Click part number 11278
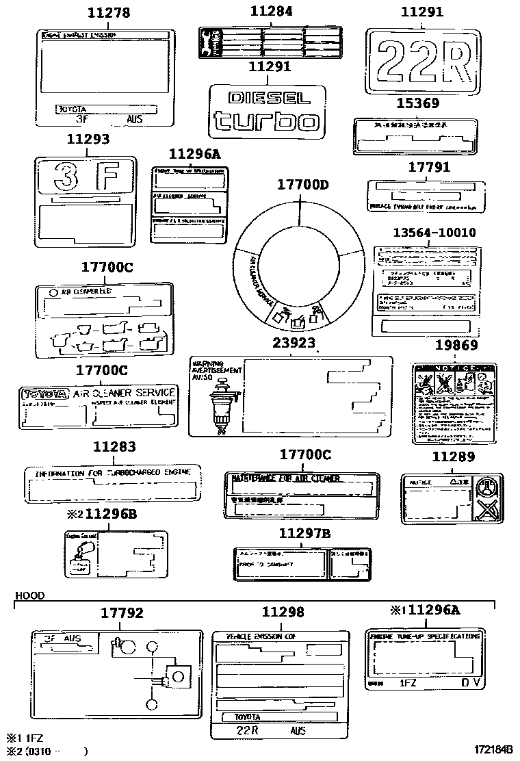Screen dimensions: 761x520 [x=109, y=12]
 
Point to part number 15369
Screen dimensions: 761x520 [x=419, y=103]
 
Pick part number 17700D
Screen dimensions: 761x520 [x=302, y=184]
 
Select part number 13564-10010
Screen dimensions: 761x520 [x=434, y=232]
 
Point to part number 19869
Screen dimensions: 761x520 [x=456, y=346]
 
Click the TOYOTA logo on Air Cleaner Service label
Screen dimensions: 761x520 [x=45, y=394]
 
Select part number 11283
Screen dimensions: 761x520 [x=114, y=447]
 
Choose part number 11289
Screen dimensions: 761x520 [x=452, y=455]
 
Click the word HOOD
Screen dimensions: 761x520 [x=29, y=595]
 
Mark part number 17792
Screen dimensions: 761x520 [x=122, y=612]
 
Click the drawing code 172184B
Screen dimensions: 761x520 [x=490, y=749]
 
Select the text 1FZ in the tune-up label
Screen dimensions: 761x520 [x=408, y=682]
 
